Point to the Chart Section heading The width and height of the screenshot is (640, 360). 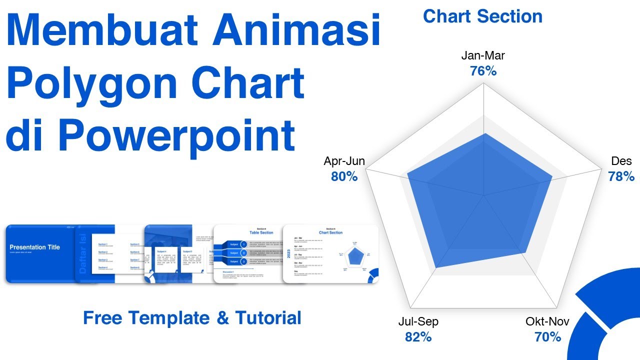482,16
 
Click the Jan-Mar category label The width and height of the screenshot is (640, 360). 483,55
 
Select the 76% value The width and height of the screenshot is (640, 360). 483,71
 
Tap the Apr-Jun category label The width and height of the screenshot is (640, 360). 344,161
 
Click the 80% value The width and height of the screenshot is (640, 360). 344,176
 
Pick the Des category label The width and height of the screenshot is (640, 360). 621,161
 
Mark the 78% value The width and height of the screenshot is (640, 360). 621,176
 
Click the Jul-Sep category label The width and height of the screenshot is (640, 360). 418,321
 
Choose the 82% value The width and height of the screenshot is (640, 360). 418,337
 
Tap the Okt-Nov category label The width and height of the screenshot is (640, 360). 547,321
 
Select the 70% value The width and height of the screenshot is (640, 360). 547,337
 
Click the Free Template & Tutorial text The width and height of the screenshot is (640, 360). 192,317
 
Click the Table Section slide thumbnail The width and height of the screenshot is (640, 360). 248,254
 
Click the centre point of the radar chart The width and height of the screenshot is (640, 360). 483,195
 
